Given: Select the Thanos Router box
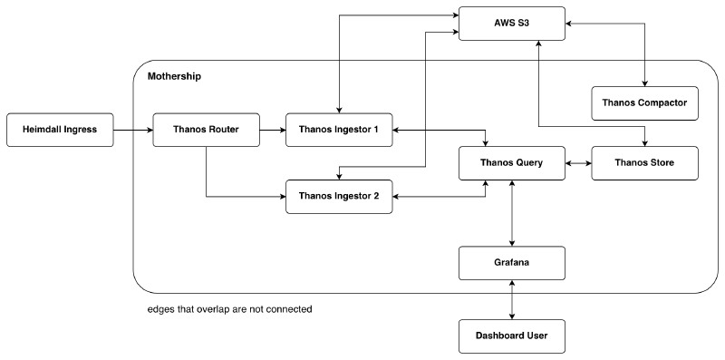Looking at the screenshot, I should coord(206,130).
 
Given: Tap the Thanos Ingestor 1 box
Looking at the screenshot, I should coord(339,130).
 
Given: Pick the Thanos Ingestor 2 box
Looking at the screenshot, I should coord(339,196).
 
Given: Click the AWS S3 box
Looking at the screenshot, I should coord(513,22).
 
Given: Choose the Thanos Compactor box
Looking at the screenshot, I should coord(644,103).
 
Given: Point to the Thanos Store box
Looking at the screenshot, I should coord(644,163).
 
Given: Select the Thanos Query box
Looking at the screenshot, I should coord(513,163).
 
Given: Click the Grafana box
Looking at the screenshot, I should coord(513,263).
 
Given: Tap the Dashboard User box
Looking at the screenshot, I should coord(513,336).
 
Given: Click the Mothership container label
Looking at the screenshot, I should coord(174,76).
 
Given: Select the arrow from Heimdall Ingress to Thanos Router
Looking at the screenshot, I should coord(133,130).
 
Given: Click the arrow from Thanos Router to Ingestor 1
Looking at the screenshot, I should coord(273,130).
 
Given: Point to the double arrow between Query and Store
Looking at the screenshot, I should coord(579,163).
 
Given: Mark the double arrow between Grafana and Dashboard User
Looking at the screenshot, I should coord(514,299).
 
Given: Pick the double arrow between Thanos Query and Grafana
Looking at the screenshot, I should coord(514,213).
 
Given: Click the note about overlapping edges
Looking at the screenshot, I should coord(229,309).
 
